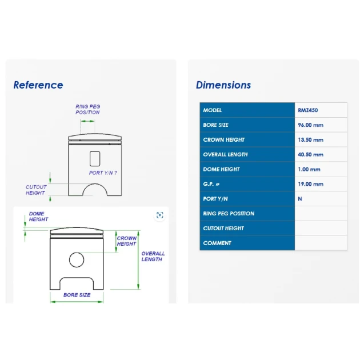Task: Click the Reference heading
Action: click(x=38, y=85)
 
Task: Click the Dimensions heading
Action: click(x=223, y=85)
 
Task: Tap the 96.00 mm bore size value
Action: click(x=310, y=125)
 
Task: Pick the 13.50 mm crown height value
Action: click(x=310, y=140)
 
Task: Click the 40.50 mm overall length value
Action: click(x=310, y=154)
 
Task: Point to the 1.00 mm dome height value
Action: click(x=309, y=170)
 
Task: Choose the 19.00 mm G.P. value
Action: click(x=310, y=184)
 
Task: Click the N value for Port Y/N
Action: click(x=300, y=199)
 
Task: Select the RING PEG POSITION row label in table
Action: click(x=229, y=214)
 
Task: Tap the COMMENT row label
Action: click(x=217, y=243)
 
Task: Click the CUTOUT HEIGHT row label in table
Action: click(x=223, y=228)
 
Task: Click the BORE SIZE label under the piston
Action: click(x=77, y=295)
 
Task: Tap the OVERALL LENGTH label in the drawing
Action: click(x=153, y=257)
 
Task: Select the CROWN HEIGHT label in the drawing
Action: click(x=127, y=241)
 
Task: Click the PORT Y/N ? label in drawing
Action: click(x=103, y=173)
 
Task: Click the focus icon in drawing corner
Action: click(x=160, y=215)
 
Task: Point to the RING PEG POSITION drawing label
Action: click(x=87, y=110)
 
